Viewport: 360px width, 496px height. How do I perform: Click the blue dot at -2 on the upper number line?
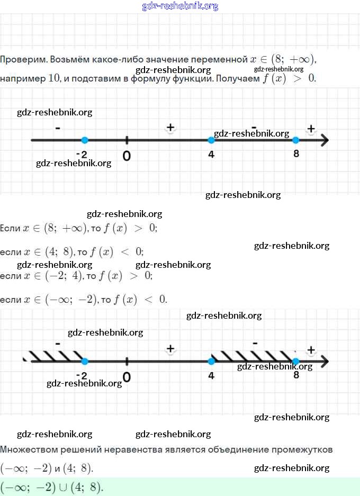(x=85, y=140)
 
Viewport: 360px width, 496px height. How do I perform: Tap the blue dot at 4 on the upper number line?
(x=211, y=140)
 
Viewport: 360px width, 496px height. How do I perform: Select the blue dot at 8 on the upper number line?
(x=296, y=140)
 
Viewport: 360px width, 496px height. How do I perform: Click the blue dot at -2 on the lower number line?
(x=85, y=362)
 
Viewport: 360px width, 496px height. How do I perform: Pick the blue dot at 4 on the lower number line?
(x=211, y=362)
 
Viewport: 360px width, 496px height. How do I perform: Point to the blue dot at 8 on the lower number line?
(x=296, y=362)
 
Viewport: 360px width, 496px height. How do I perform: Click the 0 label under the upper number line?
(x=127, y=156)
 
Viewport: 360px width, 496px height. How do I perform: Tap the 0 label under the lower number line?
(x=127, y=377)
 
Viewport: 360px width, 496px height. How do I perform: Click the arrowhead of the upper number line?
(x=325, y=140)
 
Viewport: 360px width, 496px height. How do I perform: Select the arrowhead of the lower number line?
(x=325, y=362)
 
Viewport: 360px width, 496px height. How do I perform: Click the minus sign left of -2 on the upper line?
(x=57, y=128)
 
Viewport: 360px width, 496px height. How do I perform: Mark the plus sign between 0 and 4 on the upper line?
(x=170, y=127)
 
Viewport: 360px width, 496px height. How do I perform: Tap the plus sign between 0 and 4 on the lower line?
(x=170, y=348)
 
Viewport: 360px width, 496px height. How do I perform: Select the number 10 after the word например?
(x=55, y=78)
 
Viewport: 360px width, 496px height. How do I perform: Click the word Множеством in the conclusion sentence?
(x=26, y=450)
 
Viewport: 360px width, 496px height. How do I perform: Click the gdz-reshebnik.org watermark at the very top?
(x=180, y=6)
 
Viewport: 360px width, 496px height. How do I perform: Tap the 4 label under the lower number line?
(x=211, y=376)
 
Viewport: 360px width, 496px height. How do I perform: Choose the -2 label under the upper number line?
(x=82, y=155)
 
